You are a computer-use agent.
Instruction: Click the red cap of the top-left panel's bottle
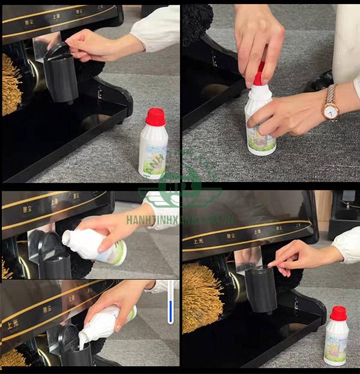pos(155,116)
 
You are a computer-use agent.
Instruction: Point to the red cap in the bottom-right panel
pos(338,313)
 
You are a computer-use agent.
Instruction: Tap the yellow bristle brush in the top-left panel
pos(11,84)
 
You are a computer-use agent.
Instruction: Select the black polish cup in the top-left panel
pos(61,75)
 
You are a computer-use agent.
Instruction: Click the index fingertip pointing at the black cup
pos(271,264)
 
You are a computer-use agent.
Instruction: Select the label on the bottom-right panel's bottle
pos(335,345)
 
